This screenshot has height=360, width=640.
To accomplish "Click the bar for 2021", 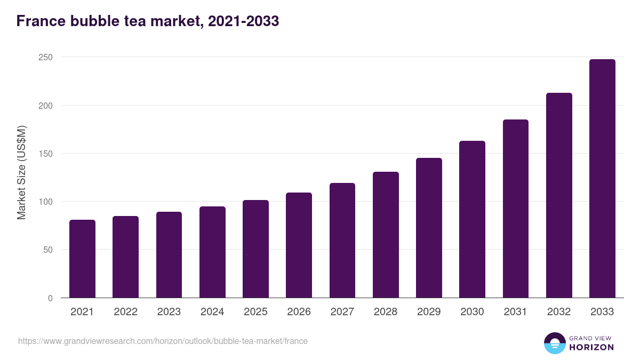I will point(82,259).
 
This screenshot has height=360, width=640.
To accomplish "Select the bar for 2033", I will point(602,179).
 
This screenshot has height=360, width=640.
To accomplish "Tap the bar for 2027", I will point(342,241).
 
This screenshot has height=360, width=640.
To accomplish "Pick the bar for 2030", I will point(472,219).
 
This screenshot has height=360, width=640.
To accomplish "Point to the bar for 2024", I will point(212,252).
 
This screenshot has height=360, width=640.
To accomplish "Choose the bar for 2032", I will point(559,195).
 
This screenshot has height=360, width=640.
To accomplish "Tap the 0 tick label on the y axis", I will point(50,298).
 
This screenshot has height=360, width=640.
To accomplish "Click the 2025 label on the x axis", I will point(255,312).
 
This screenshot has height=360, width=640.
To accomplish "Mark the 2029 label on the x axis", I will point(429,312).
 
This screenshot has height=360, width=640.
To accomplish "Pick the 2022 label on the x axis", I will point(125,312).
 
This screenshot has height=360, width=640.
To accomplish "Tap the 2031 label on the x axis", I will point(516,312).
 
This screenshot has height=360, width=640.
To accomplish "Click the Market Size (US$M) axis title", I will point(21,172).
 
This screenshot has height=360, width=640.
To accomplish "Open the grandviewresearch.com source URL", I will point(163,341).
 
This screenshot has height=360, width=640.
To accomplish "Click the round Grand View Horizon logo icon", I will point(554,343).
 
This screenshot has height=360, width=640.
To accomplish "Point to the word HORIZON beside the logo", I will point(591,347).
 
